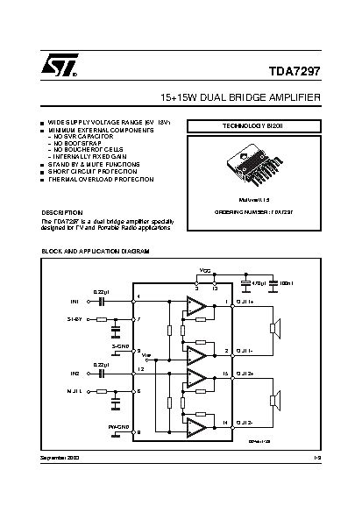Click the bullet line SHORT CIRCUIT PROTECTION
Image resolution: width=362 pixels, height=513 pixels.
[x=93, y=171]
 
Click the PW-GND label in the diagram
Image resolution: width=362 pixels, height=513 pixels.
[x=118, y=427]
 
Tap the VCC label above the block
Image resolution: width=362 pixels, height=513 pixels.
[x=204, y=271]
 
